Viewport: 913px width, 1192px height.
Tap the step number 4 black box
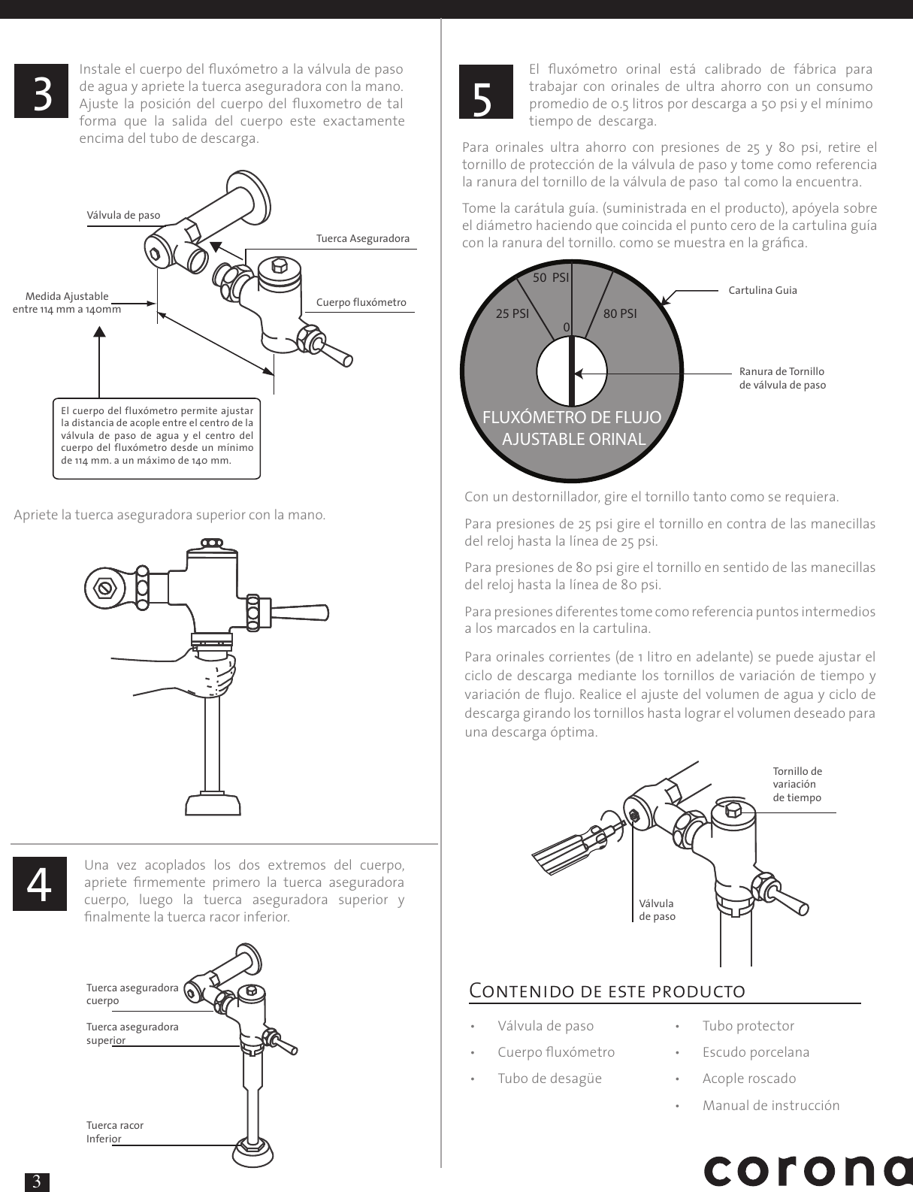(x=40, y=883)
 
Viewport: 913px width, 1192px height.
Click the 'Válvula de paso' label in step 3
(x=123, y=215)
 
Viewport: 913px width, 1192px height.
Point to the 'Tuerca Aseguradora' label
(x=363, y=238)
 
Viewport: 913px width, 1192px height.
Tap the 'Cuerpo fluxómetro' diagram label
(x=361, y=302)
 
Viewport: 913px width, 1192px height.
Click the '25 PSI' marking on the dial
(x=512, y=313)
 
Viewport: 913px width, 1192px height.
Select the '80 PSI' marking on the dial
(x=620, y=313)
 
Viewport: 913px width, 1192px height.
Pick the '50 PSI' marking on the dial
(x=551, y=277)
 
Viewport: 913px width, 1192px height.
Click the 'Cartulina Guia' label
(x=763, y=290)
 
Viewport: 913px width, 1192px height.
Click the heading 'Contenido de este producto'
(x=607, y=991)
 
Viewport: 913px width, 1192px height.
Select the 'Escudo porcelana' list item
(x=755, y=1052)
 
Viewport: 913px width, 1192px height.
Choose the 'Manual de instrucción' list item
(x=770, y=1105)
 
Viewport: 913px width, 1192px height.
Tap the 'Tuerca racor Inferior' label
(x=114, y=1131)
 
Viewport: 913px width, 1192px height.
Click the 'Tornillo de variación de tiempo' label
(x=797, y=784)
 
